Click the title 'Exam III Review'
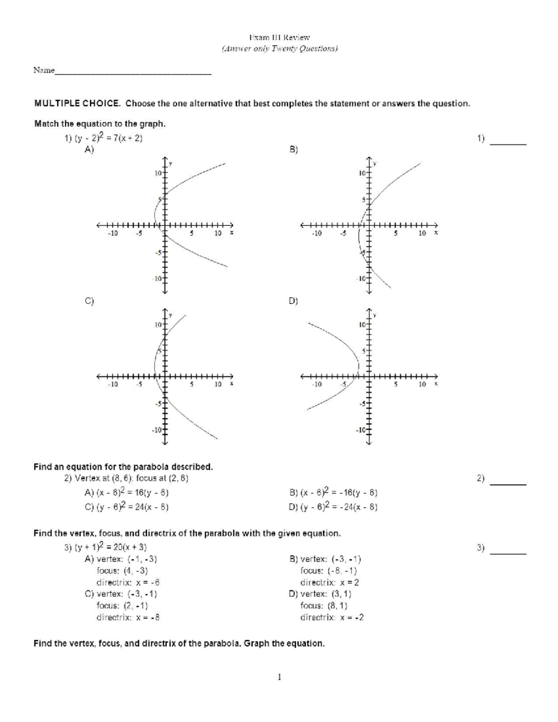(279, 37)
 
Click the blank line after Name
(133, 73)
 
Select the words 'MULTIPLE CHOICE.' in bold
(77, 104)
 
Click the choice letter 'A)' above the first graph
(89, 150)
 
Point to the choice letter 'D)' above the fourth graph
(293, 301)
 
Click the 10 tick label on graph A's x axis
(218, 233)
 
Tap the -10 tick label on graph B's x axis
(317, 233)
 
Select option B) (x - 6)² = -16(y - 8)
(333, 493)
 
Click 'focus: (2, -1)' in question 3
(122, 605)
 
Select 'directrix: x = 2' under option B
(330, 582)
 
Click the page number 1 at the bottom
(279, 677)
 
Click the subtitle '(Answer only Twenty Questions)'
(279, 48)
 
